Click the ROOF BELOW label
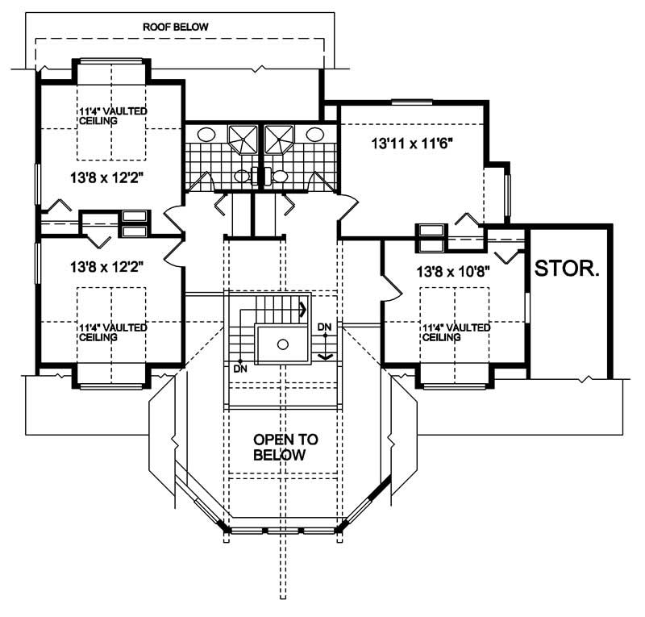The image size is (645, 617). [x=176, y=27]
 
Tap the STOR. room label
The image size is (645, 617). [x=568, y=268]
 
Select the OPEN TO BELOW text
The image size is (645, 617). [x=285, y=447]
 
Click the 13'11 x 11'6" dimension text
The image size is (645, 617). [x=411, y=145]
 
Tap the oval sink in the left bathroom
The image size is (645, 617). [x=206, y=135]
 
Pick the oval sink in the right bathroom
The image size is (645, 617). [x=315, y=135]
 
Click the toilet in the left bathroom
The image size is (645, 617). [x=243, y=176]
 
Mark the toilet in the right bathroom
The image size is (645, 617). [x=280, y=176]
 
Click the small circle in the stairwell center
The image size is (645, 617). [x=282, y=344]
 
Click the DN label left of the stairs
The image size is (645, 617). [x=239, y=369]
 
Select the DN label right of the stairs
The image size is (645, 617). [x=325, y=326]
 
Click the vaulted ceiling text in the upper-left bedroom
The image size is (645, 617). [x=112, y=115]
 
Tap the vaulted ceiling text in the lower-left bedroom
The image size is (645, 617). [x=112, y=331]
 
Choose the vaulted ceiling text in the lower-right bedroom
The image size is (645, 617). [x=456, y=332]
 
